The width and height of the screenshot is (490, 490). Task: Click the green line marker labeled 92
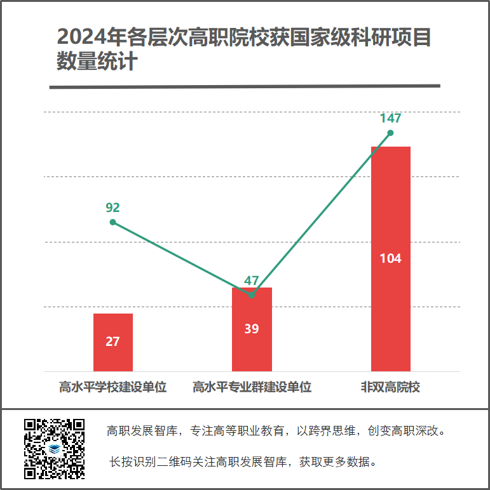pyautogui.click(x=112, y=222)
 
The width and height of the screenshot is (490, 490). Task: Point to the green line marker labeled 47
pyautogui.click(x=252, y=295)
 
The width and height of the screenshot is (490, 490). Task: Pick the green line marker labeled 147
pyautogui.click(x=390, y=133)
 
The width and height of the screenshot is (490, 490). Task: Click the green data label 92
pyautogui.click(x=112, y=208)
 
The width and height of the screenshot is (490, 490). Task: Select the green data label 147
pyautogui.click(x=390, y=118)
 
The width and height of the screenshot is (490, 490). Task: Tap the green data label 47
pyautogui.click(x=252, y=281)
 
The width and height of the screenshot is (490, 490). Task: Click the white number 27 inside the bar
pyautogui.click(x=112, y=341)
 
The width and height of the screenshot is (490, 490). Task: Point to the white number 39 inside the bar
pyautogui.click(x=252, y=329)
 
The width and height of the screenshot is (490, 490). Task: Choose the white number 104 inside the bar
pyautogui.click(x=390, y=258)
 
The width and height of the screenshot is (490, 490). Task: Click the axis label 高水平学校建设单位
pyautogui.click(x=112, y=387)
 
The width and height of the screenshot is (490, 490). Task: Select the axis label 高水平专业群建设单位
pyautogui.click(x=252, y=387)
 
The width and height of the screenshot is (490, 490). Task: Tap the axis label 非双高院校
pyautogui.click(x=390, y=387)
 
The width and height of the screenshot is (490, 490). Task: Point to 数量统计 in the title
pyautogui.click(x=97, y=62)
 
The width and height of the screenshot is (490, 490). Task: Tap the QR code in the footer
pyautogui.click(x=54, y=448)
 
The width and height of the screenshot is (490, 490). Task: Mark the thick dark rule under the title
pyautogui.click(x=245, y=86)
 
